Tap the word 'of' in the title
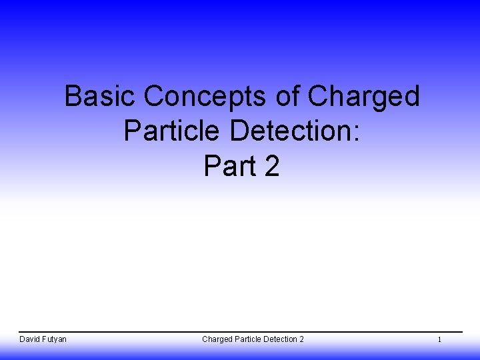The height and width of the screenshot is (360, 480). pos(287,97)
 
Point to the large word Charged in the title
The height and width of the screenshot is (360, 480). pos(363,98)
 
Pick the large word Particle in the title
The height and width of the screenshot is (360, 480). pos(172,131)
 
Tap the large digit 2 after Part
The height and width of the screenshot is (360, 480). pos(271,166)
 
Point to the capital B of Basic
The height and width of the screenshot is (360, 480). pos(73,97)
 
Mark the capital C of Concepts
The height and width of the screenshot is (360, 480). pos(153,97)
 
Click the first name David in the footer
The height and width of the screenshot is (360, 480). pos(30,339)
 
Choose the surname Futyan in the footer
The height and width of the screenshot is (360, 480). pos(55,339)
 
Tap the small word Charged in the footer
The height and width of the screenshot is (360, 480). pos(217,339)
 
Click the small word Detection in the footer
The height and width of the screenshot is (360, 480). pos(280,339)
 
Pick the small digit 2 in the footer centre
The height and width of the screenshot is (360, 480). pos(301,339)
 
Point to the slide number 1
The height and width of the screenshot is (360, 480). pos(439,340)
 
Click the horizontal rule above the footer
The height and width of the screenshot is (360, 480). pos(240,332)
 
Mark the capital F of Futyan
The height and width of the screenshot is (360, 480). pos(45,339)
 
